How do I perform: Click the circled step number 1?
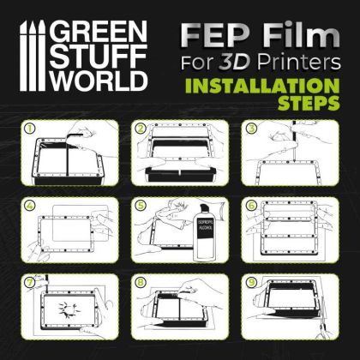(31, 129)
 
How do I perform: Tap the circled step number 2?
(139, 129)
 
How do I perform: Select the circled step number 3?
(250, 129)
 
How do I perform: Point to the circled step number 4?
(31, 206)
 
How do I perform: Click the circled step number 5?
(139, 206)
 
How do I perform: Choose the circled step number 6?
(250, 206)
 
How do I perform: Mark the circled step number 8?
(139, 280)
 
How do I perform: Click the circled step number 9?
(250, 280)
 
